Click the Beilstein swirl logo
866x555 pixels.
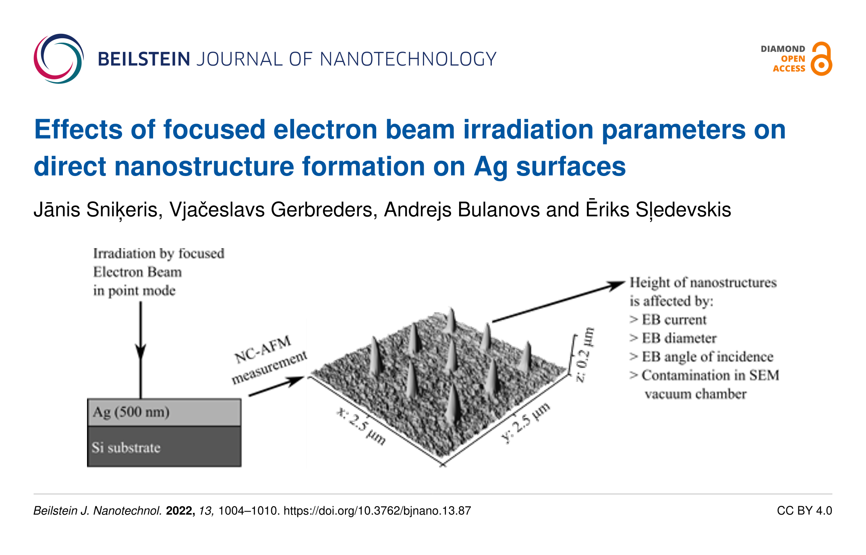pyautogui.click(x=59, y=59)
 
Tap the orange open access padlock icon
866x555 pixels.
pyautogui.click(x=821, y=59)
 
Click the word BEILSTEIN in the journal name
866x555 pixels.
pyautogui.click(x=144, y=59)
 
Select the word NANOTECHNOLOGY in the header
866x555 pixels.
pyautogui.click(x=408, y=59)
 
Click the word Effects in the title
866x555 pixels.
pyautogui.click(x=79, y=129)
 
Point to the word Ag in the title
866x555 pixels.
pyautogui.click(x=491, y=167)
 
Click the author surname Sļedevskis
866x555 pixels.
pyautogui.click(x=683, y=210)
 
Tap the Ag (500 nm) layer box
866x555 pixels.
pyautogui.click(x=164, y=412)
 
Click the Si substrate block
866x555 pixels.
pyautogui.click(x=164, y=447)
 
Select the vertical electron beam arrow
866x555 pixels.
pyautogui.click(x=141, y=350)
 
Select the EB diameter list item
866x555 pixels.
pyautogui.click(x=673, y=338)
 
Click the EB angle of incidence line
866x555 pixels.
pyautogui.click(x=701, y=357)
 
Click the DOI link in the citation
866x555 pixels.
pyautogui.click(x=377, y=511)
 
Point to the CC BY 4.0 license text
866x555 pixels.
pyautogui.click(x=804, y=511)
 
